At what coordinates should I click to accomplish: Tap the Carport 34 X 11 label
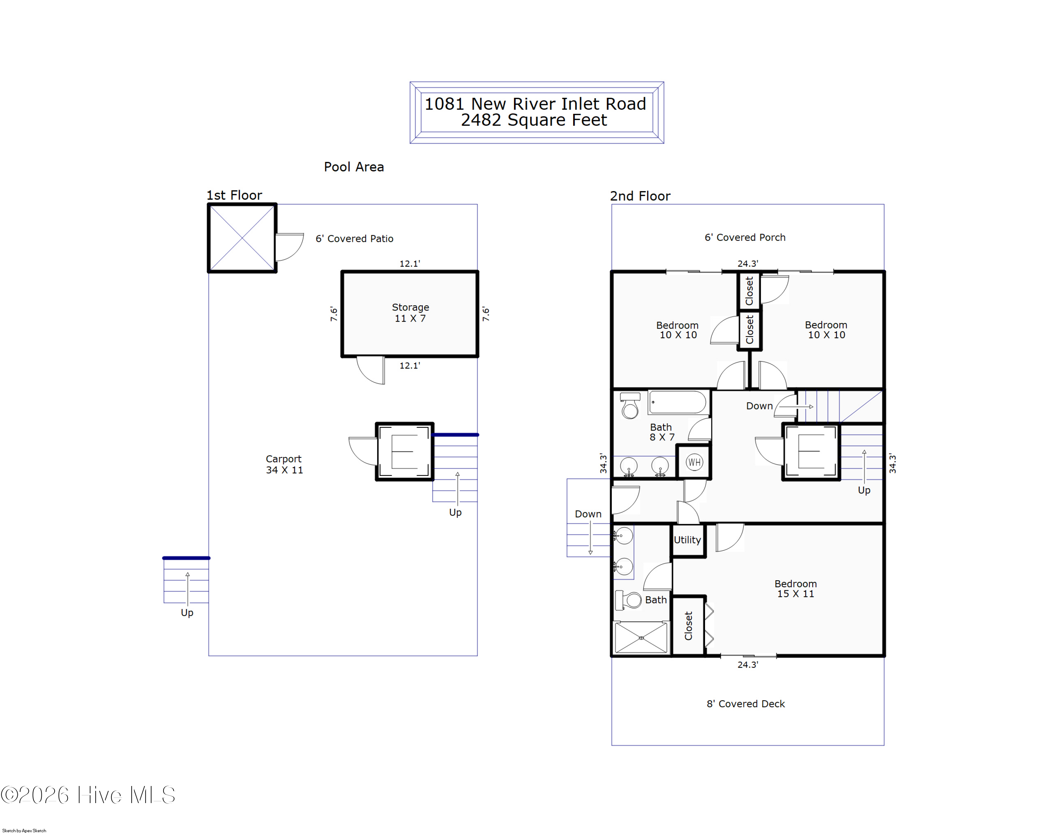click(x=284, y=464)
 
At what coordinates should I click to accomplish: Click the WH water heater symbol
click(x=694, y=462)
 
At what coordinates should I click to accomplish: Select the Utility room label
click(x=687, y=540)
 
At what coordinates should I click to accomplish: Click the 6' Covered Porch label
click(x=745, y=237)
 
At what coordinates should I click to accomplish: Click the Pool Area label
click(x=354, y=167)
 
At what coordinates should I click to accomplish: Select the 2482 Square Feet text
click(x=533, y=120)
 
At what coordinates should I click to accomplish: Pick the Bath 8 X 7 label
click(x=662, y=432)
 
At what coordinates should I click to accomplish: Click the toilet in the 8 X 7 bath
click(x=630, y=406)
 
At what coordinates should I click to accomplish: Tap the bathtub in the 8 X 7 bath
click(x=678, y=402)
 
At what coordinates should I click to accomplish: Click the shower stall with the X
click(x=641, y=638)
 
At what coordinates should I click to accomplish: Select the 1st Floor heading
click(x=234, y=195)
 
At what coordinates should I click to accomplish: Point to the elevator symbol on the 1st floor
click(x=404, y=451)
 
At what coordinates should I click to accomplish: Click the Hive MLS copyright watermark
click(x=88, y=795)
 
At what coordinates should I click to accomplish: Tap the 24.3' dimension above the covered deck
click(x=747, y=665)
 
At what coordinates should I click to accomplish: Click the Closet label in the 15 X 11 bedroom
click(x=688, y=626)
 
